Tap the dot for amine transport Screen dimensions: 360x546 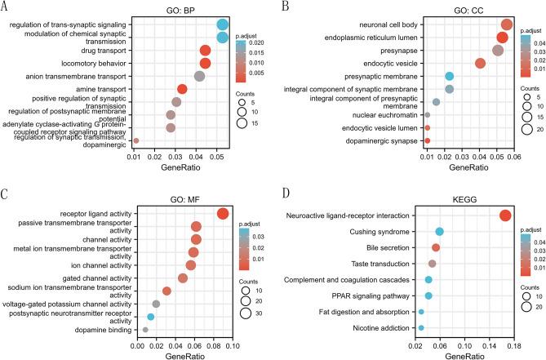point(182,89)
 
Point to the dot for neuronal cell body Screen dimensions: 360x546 point(507,25)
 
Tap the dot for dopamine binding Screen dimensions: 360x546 point(145,330)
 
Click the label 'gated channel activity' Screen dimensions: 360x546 point(89,278)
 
